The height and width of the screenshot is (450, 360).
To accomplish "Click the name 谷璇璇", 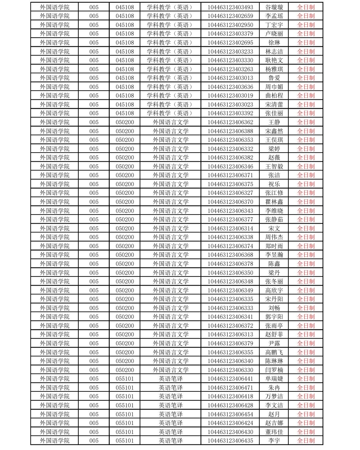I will (x=274, y=7).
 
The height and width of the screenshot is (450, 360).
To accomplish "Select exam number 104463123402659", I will (x=230, y=16).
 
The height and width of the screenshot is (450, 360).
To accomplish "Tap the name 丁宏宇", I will (x=274, y=25).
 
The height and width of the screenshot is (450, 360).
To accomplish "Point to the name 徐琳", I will (x=274, y=43).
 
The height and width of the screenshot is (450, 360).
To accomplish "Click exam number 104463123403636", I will (x=230, y=87).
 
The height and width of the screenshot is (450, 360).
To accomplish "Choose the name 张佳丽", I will (x=274, y=113).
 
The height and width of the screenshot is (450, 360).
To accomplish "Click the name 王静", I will (x=274, y=122).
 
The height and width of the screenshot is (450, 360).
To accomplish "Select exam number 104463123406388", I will (x=230, y=131).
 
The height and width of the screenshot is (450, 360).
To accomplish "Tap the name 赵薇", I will (x=274, y=158).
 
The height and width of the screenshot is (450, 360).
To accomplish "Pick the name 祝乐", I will (x=274, y=184).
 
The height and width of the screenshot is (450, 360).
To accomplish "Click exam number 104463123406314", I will (x=230, y=228).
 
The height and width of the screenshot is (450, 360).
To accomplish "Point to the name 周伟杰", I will (x=274, y=237).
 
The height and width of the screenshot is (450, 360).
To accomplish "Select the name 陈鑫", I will (x=274, y=264).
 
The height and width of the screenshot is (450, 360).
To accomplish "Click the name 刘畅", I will (x=274, y=308).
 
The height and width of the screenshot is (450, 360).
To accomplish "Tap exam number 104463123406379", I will (x=230, y=343).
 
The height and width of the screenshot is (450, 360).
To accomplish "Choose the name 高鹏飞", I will (x=274, y=352).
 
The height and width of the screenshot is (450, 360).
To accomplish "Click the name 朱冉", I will (x=274, y=388).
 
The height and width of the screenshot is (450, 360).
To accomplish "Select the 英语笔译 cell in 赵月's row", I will (x=171, y=414).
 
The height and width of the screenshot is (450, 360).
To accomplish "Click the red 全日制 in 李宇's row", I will (x=306, y=441).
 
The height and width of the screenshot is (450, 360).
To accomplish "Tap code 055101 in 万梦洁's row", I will (x=125, y=396).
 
